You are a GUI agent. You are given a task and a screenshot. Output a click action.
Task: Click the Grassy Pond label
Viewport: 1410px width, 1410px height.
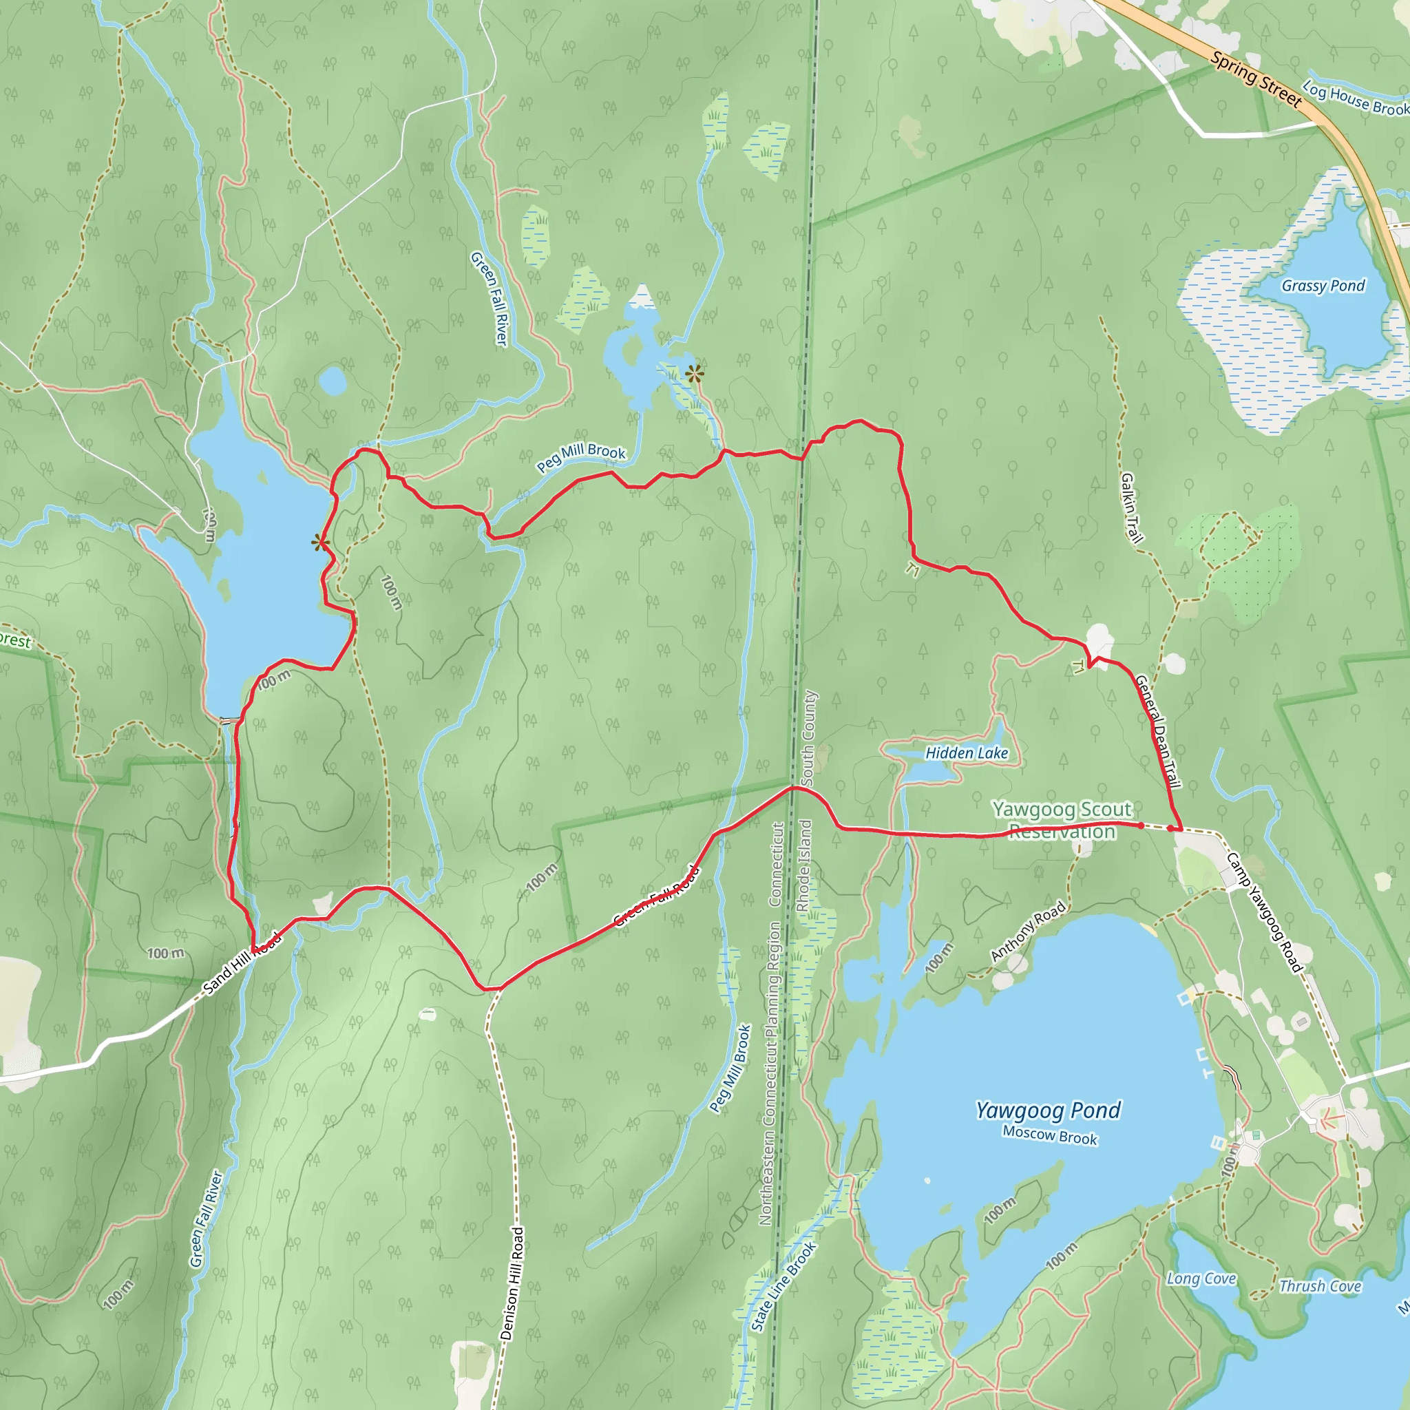click(1323, 285)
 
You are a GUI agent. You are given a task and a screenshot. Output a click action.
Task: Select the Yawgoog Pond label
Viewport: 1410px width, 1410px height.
click(1048, 1111)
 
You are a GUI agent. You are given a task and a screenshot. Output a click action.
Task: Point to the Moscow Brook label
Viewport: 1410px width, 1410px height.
click(1049, 1135)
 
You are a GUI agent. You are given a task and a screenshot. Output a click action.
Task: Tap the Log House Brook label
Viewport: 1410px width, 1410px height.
click(1356, 99)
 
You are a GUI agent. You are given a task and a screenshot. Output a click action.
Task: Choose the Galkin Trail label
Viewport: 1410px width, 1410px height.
click(1130, 508)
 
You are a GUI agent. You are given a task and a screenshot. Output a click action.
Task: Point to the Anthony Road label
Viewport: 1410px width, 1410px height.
click(1028, 932)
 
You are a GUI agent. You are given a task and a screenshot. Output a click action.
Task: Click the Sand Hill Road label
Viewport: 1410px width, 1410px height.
click(241, 963)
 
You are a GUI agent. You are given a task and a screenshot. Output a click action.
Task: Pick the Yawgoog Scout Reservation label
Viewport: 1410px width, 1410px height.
click(1062, 819)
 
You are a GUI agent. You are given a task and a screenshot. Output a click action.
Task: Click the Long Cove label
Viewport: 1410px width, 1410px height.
click(1201, 1279)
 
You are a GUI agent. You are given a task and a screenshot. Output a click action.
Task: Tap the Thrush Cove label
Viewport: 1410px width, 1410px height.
click(1320, 1287)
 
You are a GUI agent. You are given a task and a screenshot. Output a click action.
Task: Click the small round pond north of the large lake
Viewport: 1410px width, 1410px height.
click(332, 381)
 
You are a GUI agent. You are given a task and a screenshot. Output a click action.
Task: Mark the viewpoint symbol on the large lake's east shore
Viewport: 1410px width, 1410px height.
click(319, 543)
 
